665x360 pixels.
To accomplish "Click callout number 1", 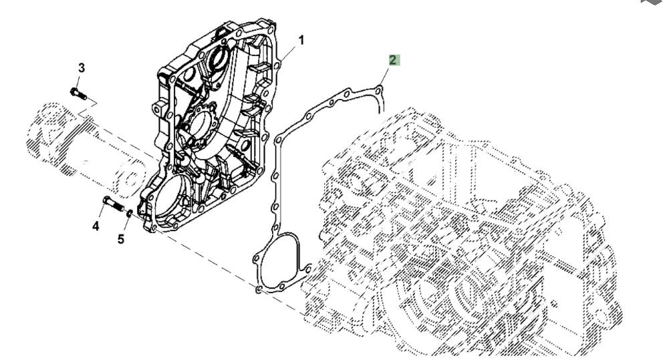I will click(x=301, y=40).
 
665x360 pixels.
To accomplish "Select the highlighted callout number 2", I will click(x=394, y=60).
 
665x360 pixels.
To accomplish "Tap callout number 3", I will click(x=82, y=67).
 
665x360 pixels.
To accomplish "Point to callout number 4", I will click(x=96, y=227).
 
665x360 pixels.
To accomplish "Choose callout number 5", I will click(x=121, y=238).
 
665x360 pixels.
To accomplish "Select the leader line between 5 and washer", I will click(x=125, y=226).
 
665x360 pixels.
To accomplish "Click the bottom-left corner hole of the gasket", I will click(x=259, y=289).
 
